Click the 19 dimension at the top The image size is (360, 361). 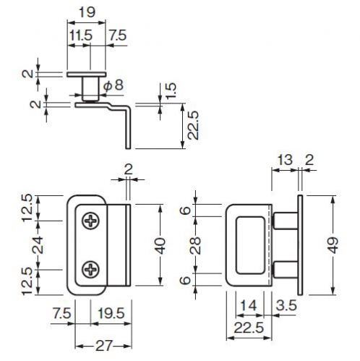tap(87, 12)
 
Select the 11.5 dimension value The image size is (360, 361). tap(81, 35)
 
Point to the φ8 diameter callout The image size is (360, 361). tap(114, 85)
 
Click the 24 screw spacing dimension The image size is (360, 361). tap(38, 245)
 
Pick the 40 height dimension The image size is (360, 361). tap(160, 246)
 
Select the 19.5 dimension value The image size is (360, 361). tap(111, 313)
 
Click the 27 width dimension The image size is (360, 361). tap(104, 346)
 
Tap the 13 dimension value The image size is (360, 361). tap(285, 160)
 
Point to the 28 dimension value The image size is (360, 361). tap(196, 245)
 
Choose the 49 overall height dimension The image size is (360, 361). tap(333, 245)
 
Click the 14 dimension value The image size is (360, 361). tap(249, 305)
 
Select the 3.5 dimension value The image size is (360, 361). tap(286, 305)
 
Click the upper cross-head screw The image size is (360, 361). tap(90, 221)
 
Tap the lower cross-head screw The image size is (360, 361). tap(90, 269)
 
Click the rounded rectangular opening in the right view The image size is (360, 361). tap(250, 245)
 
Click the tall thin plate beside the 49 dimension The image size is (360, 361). tap(300, 245)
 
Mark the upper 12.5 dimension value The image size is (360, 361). tap(27, 208)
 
